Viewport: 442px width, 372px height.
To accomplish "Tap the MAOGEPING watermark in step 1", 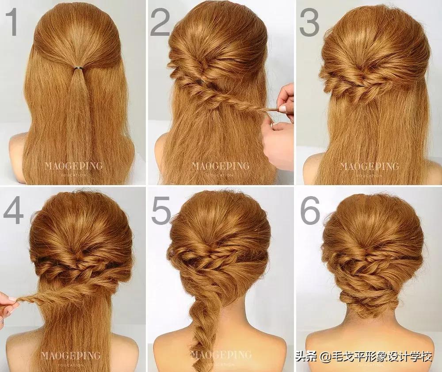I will (73, 167).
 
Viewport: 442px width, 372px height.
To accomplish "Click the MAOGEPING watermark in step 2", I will (220, 167).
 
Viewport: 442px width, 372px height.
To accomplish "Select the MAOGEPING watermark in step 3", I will (369, 167).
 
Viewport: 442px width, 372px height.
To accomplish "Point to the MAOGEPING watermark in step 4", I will (71, 355).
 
